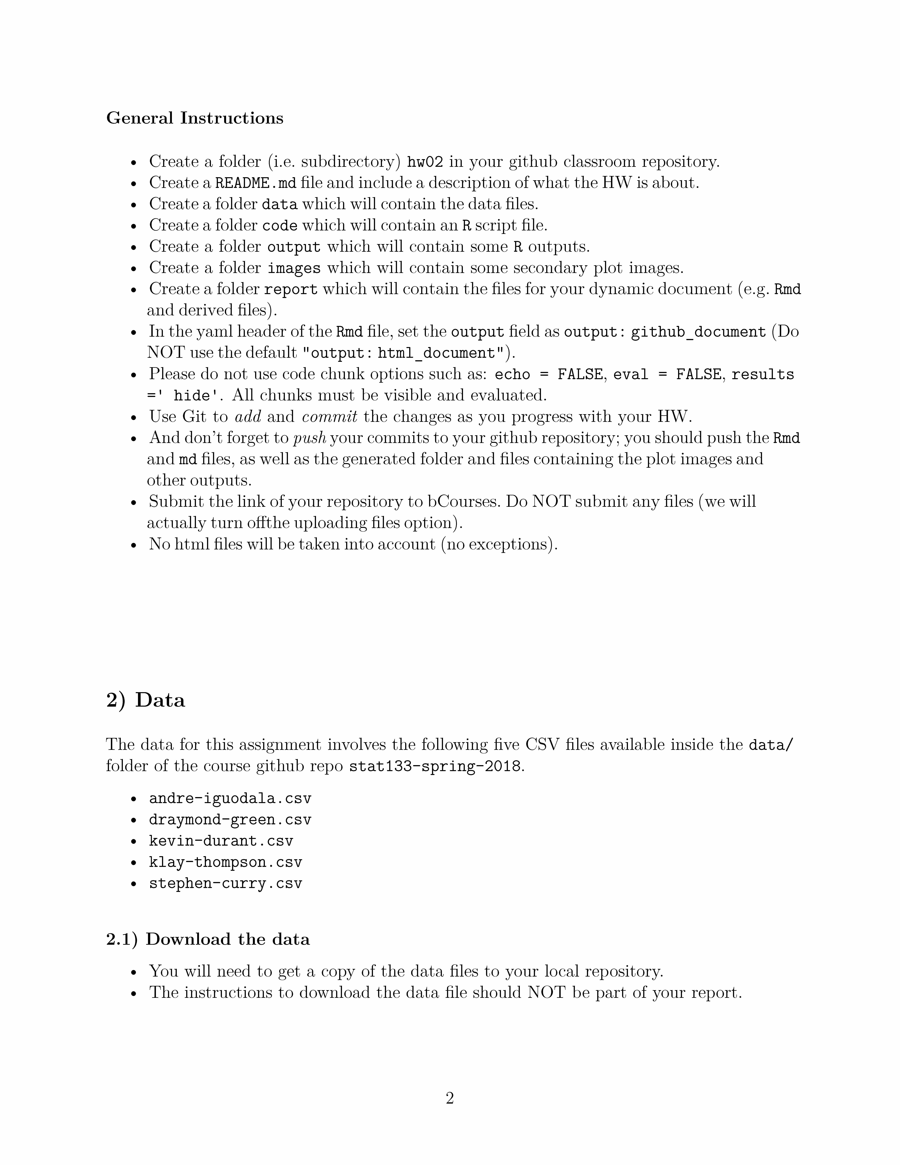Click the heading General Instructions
[195, 118]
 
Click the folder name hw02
[425, 162]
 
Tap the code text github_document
[699, 332]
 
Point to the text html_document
[437, 353]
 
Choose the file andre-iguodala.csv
[230, 798]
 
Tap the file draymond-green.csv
[230, 820]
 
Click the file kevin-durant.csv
[221, 841]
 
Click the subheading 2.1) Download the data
[208, 939]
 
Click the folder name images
[294, 268]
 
